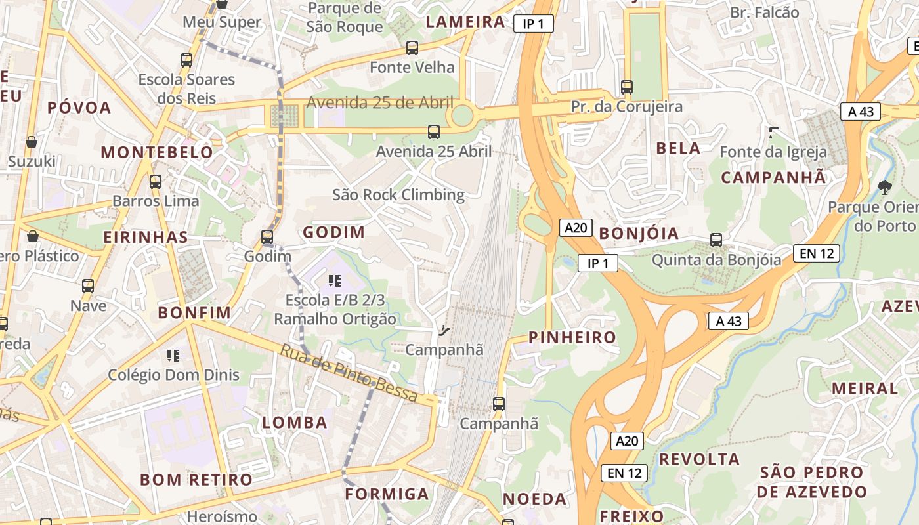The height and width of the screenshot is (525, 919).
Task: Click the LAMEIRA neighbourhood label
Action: click(x=465, y=22)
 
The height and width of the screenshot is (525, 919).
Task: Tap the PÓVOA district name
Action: click(x=79, y=108)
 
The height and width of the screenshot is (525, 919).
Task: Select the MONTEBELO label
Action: click(x=157, y=152)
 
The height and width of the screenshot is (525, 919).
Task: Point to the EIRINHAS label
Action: click(x=146, y=237)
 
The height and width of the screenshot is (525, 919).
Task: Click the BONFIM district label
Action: click(x=194, y=313)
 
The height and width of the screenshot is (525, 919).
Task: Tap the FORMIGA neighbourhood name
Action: click(x=387, y=493)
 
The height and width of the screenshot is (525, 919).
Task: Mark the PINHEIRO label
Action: click(x=572, y=337)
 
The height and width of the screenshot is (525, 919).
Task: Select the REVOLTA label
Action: click(x=699, y=459)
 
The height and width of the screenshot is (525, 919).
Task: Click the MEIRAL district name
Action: click(x=865, y=388)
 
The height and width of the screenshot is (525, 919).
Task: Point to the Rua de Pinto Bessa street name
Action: click(x=349, y=373)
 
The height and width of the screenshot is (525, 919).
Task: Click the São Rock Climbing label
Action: click(x=398, y=195)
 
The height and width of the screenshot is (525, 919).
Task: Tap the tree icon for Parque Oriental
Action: click(x=885, y=188)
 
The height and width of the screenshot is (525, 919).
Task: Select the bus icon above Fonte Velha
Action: click(x=412, y=47)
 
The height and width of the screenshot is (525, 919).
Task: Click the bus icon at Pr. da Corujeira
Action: click(x=627, y=87)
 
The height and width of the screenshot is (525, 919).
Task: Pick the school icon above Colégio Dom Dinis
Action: click(x=173, y=356)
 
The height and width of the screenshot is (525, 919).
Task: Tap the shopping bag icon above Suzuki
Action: click(x=31, y=142)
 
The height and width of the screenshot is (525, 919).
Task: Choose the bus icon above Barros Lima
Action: click(x=156, y=182)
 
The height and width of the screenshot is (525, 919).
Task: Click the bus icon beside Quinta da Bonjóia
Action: click(x=716, y=240)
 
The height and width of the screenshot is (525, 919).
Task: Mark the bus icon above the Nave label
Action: click(x=88, y=286)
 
